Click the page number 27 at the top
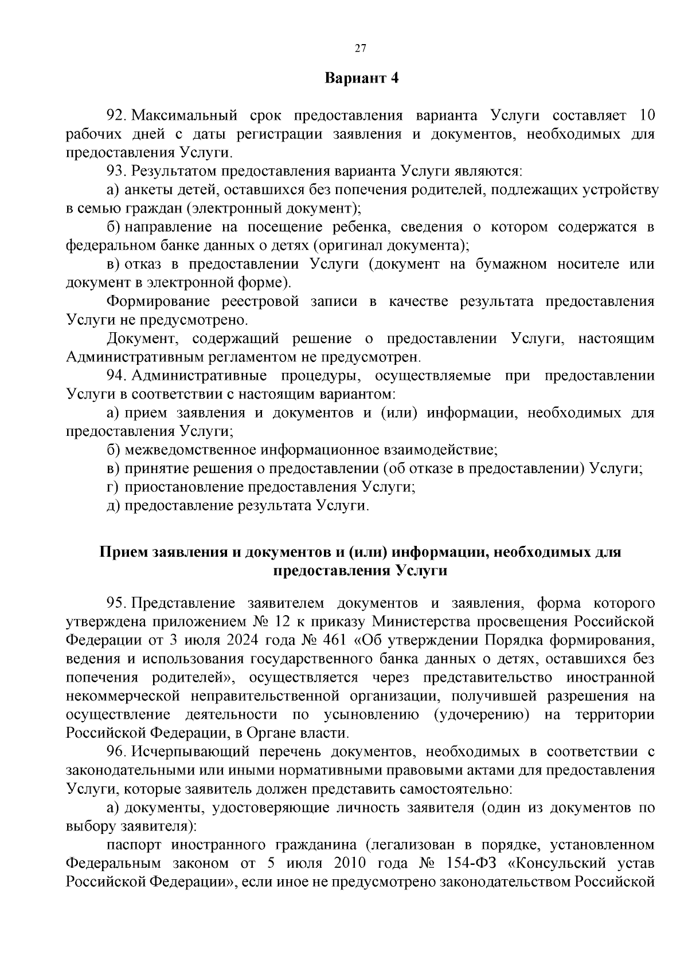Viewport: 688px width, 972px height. pos(361,48)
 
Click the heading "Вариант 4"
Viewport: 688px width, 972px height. pos(361,78)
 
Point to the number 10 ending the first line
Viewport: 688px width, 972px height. pos(646,116)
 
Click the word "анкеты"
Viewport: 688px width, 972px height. pos(146,190)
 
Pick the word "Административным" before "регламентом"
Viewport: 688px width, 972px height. pos(132,357)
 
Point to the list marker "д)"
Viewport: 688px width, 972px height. pos(113,506)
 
